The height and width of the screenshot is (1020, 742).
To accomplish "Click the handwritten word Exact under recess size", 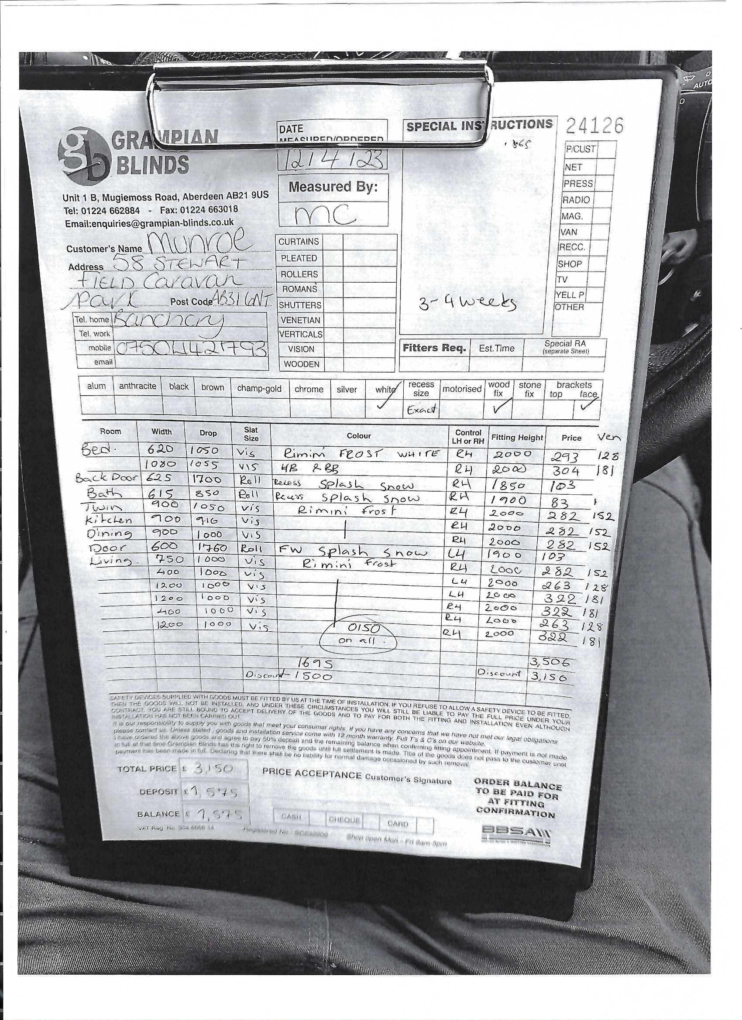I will (421, 409).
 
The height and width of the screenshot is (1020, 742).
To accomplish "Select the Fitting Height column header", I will (517, 437).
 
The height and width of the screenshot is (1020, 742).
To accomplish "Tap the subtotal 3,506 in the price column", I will (550, 662).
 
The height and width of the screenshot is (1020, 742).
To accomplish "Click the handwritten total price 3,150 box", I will (213, 769).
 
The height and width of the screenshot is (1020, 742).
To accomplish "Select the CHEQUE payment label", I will (344, 819).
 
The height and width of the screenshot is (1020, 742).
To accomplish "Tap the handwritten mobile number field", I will (191, 349).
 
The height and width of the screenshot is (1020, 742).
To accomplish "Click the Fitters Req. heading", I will (434, 348).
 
